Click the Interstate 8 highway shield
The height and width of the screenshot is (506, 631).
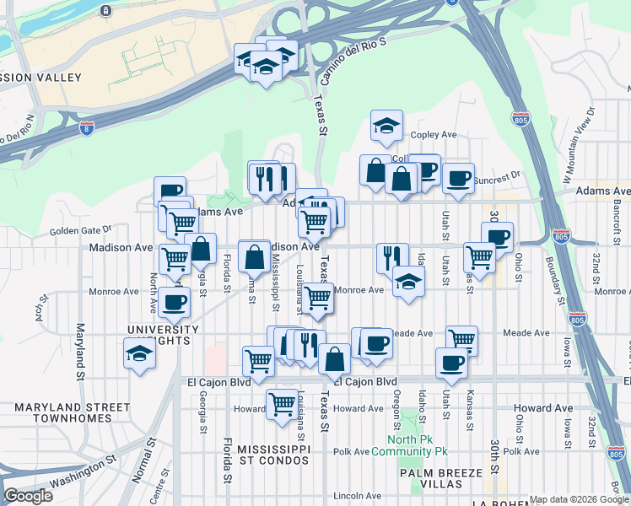[87, 129]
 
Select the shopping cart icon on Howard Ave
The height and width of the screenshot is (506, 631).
[282, 403]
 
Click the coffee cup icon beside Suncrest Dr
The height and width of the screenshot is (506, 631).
[458, 178]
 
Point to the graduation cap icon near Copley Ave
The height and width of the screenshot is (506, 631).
[386, 126]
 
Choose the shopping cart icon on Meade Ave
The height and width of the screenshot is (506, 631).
[462, 340]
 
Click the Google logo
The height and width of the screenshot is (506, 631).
[28, 496]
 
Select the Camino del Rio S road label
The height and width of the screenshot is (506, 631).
[353, 62]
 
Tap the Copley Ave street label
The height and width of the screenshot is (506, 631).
[433, 135]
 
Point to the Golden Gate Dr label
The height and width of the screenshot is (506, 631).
[80, 230]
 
